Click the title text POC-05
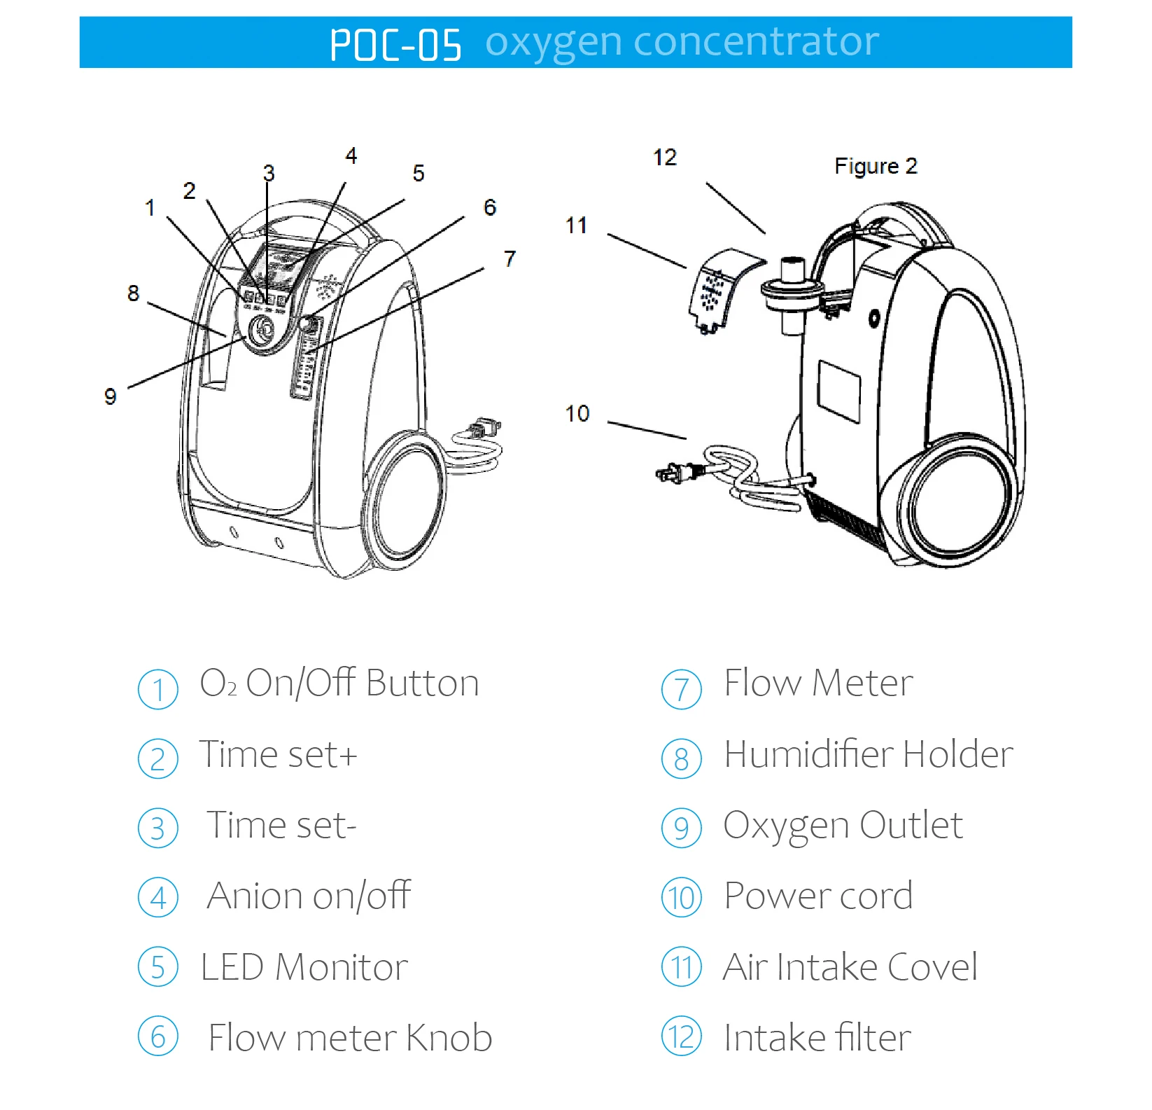pyautogui.click(x=395, y=45)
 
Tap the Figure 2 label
pyautogui.click(x=875, y=166)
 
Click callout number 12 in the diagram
pyautogui.click(x=665, y=158)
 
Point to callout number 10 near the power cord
pyautogui.click(x=577, y=414)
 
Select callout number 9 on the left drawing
pyautogui.click(x=110, y=397)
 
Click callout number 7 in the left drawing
pyautogui.click(x=510, y=259)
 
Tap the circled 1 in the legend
pyautogui.click(x=158, y=689)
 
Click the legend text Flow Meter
pyautogui.click(x=817, y=684)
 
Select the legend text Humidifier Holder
pyautogui.click(x=868, y=755)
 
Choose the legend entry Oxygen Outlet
pyautogui.click(x=843, y=826)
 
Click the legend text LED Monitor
pyautogui.click(x=304, y=967)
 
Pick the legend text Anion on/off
pyautogui.click(x=309, y=896)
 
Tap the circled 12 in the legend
pyautogui.click(x=682, y=1037)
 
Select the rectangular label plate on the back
pyautogui.click(x=839, y=391)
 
